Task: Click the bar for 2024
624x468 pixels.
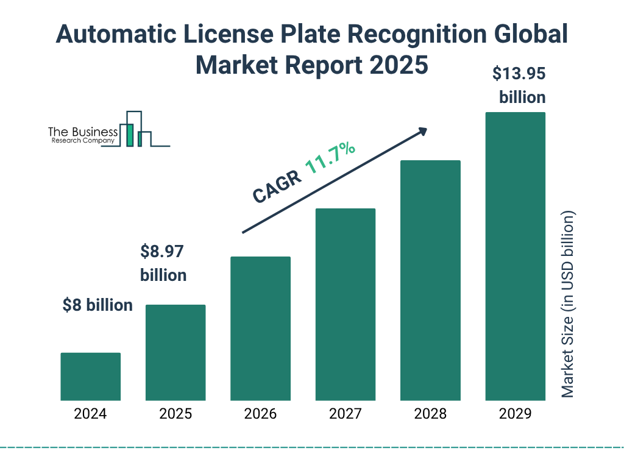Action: [91, 377]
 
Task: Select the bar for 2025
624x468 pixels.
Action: [175, 352]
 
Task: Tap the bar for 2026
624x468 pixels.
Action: [260, 328]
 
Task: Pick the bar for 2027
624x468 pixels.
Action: [345, 304]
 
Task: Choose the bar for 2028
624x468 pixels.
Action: [430, 280]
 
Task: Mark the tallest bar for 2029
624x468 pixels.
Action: [515, 256]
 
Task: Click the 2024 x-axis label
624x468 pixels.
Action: [91, 414]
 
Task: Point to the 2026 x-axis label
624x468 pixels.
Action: [260, 414]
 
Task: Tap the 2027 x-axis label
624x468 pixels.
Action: [345, 414]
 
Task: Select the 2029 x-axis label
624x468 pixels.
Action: [515, 414]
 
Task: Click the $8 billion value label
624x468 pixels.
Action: [97, 305]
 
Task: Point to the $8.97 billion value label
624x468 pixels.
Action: [163, 263]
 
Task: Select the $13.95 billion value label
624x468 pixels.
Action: [519, 85]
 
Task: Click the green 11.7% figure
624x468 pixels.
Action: [330, 158]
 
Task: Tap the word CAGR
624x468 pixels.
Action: [276, 186]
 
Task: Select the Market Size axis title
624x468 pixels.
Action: [568, 304]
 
